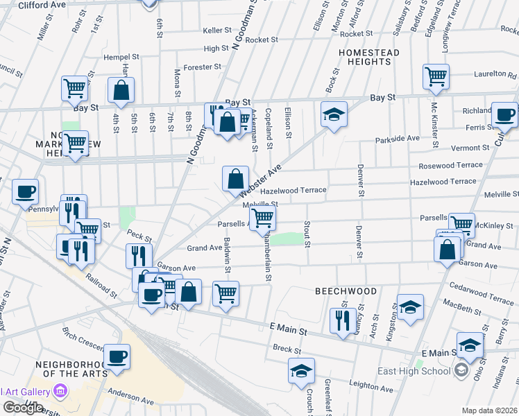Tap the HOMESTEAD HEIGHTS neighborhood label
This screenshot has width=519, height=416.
coord(365,57)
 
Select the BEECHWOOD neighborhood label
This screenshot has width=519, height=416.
coord(346,291)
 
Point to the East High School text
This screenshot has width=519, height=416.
coord(414,371)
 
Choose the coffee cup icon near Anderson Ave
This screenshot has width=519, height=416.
coord(118,356)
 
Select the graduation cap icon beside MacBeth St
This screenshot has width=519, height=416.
coord(410,306)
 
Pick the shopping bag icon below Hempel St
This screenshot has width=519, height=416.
coord(121,90)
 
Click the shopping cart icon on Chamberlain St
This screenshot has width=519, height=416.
coord(262,218)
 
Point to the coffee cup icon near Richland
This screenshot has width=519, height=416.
coord(504,114)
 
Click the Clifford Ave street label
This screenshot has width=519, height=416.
coord(42,5)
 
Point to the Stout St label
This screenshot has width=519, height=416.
coord(306,233)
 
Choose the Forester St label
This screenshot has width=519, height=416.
coord(202,67)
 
